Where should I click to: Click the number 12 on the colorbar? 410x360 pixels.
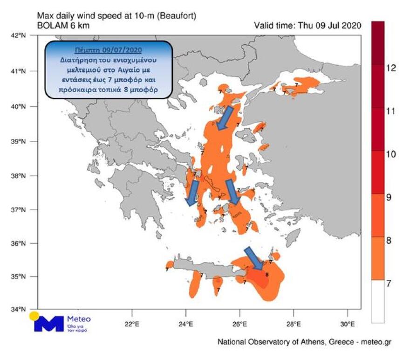point(391,69)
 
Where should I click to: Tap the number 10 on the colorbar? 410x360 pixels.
point(391,154)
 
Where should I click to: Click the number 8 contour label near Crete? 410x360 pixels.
point(266,275)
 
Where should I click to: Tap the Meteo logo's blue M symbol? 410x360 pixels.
point(48,324)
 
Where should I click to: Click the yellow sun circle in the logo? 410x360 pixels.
point(34,316)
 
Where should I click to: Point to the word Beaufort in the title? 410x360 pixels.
point(176,16)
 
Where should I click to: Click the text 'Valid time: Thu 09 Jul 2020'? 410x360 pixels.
point(307,26)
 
